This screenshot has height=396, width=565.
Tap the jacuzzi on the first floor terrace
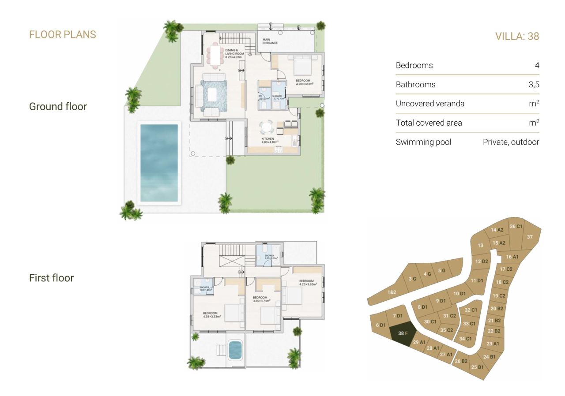point(235,351)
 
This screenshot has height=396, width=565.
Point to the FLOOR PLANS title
point(62,34)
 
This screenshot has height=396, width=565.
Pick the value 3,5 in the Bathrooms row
point(534,85)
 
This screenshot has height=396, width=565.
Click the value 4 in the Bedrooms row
point(537,65)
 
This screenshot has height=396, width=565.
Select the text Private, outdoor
point(511,142)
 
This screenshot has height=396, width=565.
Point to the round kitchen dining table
point(267,127)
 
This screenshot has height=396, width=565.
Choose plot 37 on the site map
point(530,237)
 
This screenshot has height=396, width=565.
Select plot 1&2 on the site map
point(392,292)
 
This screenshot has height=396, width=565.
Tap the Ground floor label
point(58,106)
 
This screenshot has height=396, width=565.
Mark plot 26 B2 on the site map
point(461,361)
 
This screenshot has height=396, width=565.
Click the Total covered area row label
point(429,123)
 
